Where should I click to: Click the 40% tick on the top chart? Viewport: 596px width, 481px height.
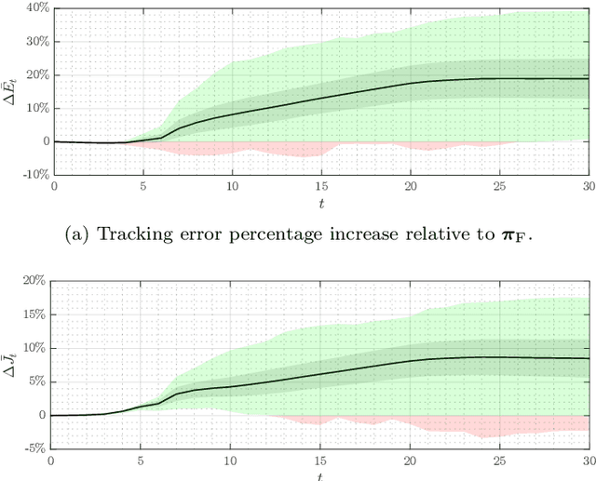[x=36, y=8]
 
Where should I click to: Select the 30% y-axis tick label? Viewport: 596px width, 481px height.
[x=36, y=42]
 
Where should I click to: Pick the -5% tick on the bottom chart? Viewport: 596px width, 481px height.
[x=34, y=448]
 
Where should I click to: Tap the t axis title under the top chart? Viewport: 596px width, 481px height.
[x=321, y=202]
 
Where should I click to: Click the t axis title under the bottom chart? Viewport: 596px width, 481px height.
[x=319, y=475]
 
